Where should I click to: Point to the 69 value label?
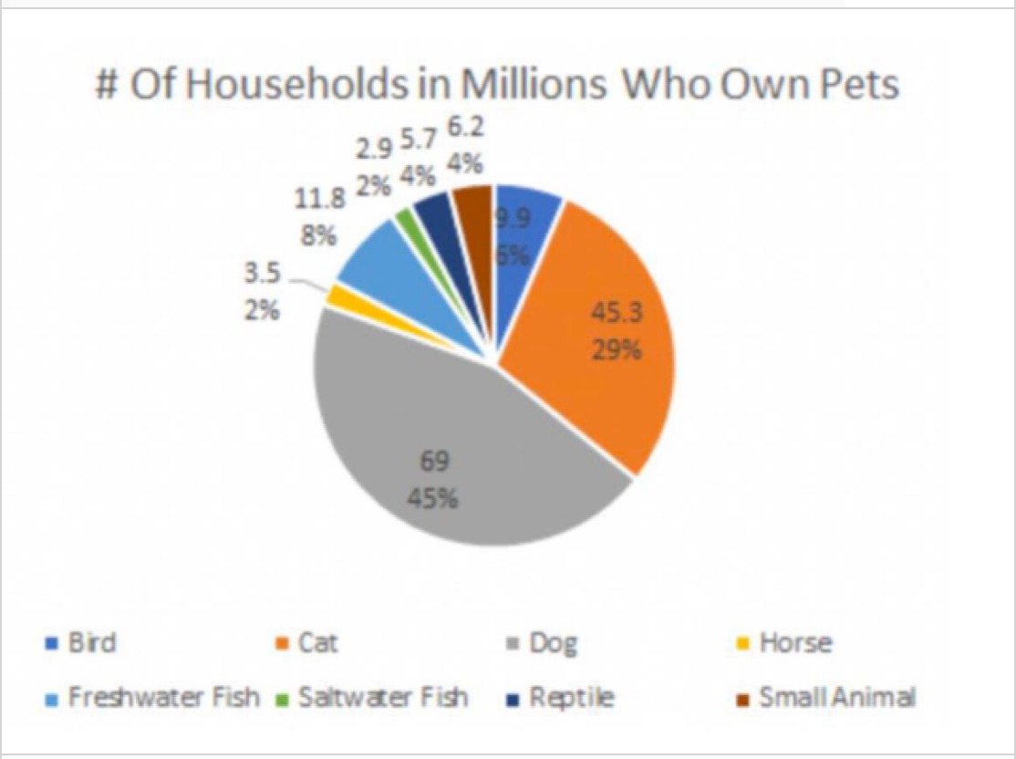tap(433, 463)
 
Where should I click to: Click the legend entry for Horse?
tap(794, 643)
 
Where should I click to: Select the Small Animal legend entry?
tap(835, 698)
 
